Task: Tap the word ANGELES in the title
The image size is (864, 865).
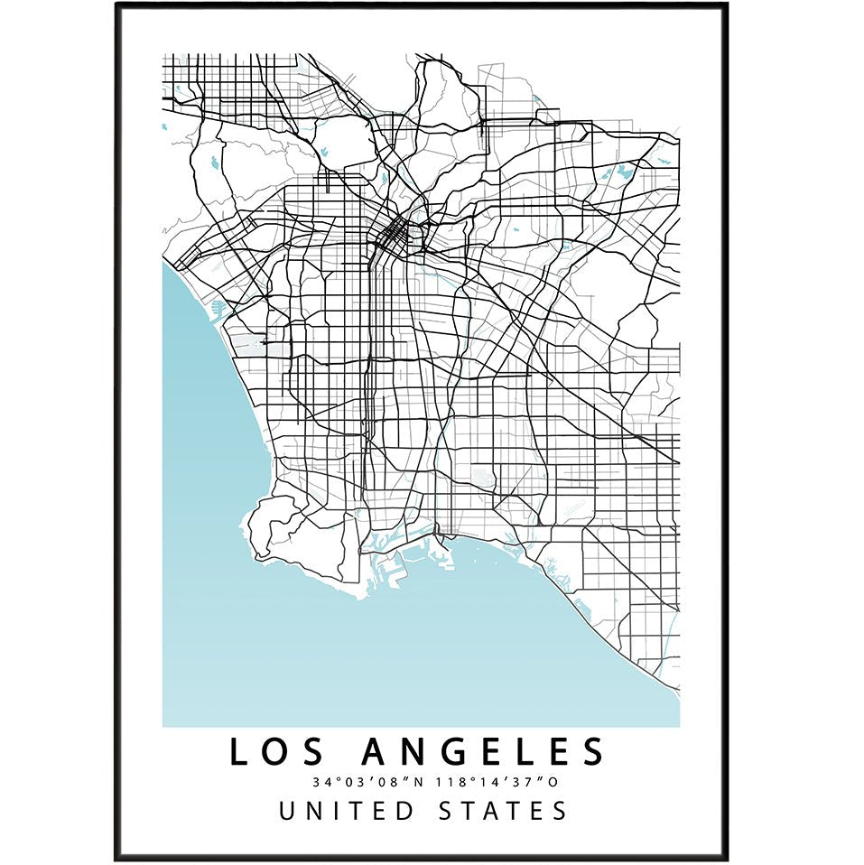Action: (483, 752)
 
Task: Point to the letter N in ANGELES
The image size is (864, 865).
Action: (413, 752)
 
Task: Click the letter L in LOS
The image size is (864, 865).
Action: (237, 752)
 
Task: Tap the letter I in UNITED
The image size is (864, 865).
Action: (337, 810)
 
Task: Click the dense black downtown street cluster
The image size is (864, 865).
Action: (394, 237)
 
